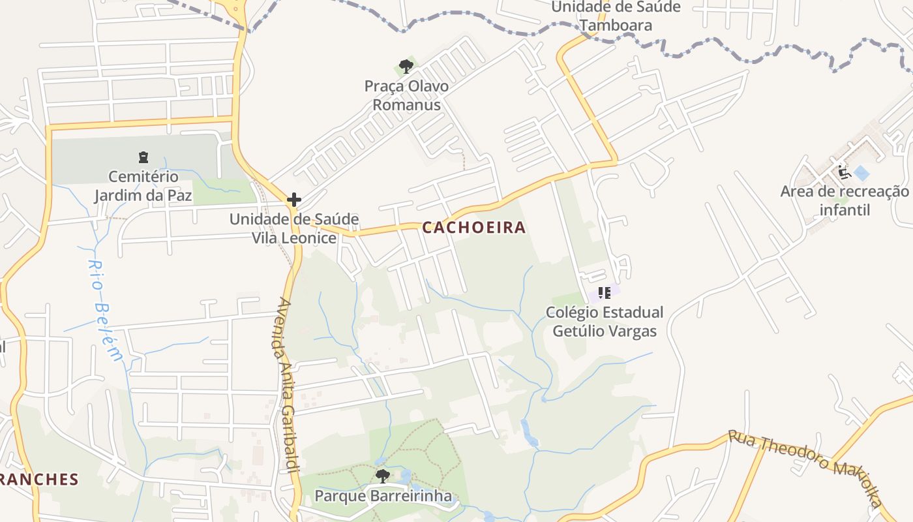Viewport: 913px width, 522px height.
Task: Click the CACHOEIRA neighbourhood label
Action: (473, 228)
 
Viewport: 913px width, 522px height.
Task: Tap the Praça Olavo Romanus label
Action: (406, 95)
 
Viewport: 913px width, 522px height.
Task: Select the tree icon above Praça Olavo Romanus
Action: (406, 66)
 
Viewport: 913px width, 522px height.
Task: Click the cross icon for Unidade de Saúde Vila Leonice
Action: (294, 200)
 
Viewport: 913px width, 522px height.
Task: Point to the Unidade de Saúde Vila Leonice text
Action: (294, 228)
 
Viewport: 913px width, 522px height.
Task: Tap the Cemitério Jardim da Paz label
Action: (143, 186)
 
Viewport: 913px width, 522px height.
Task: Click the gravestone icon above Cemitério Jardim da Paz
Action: (143, 157)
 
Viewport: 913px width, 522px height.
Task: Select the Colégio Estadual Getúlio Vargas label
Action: (605, 322)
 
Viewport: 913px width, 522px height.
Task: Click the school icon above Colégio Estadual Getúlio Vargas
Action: (604, 292)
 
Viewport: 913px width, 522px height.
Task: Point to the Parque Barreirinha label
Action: (383, 496)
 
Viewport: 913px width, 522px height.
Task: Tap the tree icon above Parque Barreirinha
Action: (383, 476)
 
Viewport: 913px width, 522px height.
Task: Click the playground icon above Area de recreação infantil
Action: (843, 172)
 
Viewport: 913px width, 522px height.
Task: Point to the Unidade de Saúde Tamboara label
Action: (616, 16)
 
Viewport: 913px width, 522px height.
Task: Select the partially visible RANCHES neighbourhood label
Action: (39, 480)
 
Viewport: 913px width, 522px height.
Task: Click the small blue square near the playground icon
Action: (861, 174)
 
